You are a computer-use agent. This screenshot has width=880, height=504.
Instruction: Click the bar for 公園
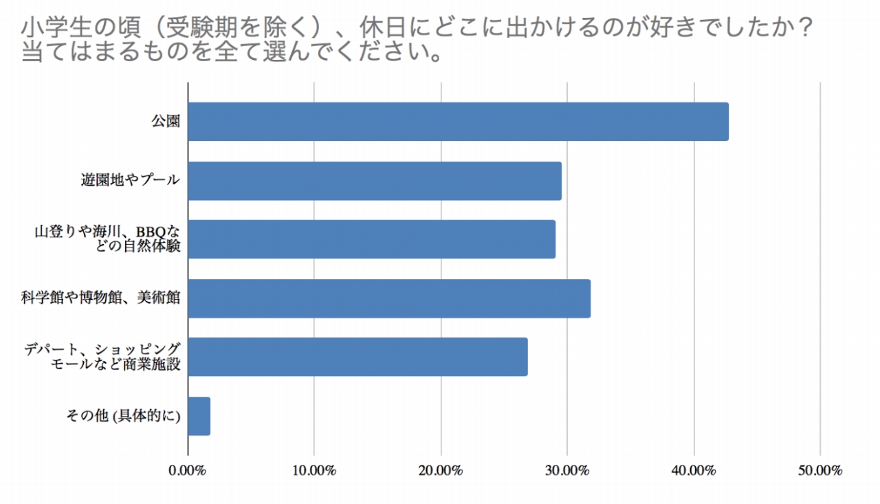click(458, 122)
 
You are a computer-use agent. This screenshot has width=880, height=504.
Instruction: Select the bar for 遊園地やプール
click(375, 181)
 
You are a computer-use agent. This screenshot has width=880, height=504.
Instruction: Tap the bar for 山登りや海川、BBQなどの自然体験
click(371, 239)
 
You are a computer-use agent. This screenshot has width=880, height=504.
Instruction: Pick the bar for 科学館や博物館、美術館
click(389, 298)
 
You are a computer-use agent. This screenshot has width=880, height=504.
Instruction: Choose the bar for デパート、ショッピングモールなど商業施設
click(357, 357)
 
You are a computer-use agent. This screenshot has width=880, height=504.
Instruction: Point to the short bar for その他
click(199, 416)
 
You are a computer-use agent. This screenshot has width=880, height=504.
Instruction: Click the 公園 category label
click(166, 122)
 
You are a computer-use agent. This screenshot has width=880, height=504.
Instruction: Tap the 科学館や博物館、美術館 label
click(100, 298)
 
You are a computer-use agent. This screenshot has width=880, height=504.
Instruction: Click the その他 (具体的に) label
click(123, 416)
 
